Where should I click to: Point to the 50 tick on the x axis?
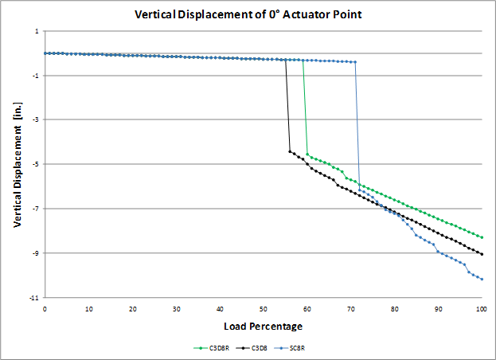pos(263,308)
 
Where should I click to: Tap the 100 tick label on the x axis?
pos(481,308)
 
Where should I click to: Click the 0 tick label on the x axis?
pos(45,308)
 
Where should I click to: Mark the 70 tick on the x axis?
pos(350,308)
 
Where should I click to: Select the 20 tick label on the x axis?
pos(132,308)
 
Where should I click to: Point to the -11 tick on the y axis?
pos(33,297)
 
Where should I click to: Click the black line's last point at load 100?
pos(482,254)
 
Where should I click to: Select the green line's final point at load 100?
pos(482,237)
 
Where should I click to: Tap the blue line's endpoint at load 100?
pos(482,279)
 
